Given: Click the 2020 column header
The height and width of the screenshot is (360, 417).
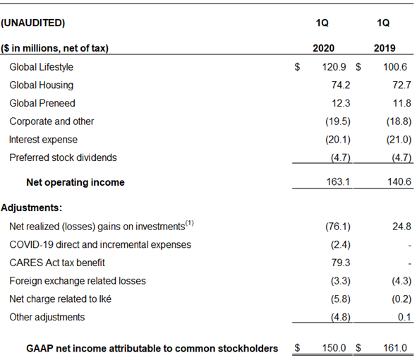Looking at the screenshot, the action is click(323, 48).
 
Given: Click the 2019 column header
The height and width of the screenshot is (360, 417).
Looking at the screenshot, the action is click(385, 48).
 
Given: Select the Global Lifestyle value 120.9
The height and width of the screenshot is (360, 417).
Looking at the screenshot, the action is click(334, 67).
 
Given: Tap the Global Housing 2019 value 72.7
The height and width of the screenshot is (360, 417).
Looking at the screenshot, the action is click(402, 85).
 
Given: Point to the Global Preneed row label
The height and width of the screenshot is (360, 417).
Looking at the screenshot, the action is click(42, 103).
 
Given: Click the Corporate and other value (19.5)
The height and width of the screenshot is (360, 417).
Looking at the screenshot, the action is click(338, 121).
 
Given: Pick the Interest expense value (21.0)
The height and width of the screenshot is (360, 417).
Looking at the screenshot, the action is click(399, 140).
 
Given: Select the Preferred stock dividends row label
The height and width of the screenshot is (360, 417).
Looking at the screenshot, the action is click(63, 157).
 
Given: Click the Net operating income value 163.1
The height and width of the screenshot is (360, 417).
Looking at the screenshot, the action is click(338, 181).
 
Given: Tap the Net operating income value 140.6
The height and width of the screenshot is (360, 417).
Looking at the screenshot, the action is click(399, 181).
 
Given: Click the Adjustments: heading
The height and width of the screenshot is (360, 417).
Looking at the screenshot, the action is click(31, 208).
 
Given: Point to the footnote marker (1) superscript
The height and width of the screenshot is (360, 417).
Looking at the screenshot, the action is click(190, 222).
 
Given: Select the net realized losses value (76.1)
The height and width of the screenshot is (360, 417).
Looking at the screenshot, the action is click(338, 227).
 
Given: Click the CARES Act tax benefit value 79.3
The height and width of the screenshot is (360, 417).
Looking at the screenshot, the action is click(341, 263).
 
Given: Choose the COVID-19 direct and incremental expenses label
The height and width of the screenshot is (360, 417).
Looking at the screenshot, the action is click(100, 244).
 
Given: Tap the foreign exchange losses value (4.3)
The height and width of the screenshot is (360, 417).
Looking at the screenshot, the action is click(401, 281).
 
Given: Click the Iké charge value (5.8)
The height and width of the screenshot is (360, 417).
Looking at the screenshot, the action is click(341, 299).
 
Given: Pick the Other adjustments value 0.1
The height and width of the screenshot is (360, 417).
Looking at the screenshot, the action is click(404, 317).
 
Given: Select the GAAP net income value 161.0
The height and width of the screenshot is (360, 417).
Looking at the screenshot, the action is click(395, 348).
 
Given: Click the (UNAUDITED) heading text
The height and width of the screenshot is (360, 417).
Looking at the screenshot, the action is click(33, 23).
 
